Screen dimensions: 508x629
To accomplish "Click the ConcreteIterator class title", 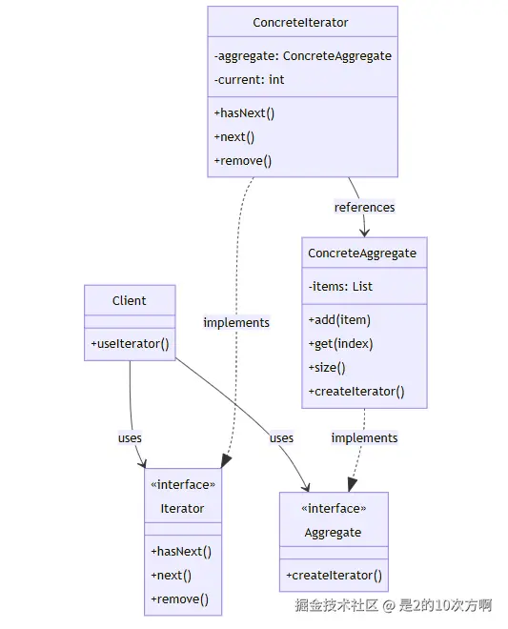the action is coord(300,23).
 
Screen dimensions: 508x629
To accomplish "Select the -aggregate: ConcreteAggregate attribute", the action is coord(302,56).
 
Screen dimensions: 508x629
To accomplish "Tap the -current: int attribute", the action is coord(249,79).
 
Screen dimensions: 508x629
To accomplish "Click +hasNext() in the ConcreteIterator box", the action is coord(244,113).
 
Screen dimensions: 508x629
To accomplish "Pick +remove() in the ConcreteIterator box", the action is coord(243,161).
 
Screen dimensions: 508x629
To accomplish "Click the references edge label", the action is coord(364,208).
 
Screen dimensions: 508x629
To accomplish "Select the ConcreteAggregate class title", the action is coord(362,254).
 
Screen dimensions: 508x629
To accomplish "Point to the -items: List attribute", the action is coord(340,287).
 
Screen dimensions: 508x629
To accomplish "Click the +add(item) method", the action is coord(339,320).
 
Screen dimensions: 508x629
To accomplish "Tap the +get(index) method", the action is coord(340,344).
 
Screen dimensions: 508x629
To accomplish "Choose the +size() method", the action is coord(327,368).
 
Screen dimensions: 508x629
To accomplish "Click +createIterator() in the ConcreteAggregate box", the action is coord(356,392).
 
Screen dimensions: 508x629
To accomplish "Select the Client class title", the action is coord(130,300).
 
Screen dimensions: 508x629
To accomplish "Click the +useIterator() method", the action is coord(130,344).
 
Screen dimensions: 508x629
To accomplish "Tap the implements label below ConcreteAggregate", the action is coord(364,437).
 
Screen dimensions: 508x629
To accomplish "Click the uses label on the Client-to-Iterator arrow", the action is coord(130,437).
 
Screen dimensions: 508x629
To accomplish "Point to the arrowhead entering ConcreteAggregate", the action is coord(364,233).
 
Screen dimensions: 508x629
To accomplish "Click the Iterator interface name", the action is coord(182,509).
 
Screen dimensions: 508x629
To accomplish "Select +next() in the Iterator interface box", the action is coord(171,576).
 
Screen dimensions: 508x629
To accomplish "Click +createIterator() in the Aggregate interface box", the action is coord(334,576).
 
